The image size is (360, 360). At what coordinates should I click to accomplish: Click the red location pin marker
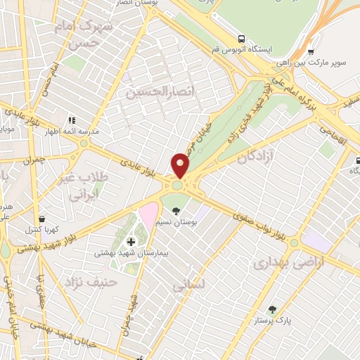181,165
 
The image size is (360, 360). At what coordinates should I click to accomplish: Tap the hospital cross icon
131,242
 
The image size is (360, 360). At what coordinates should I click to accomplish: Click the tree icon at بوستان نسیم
176,212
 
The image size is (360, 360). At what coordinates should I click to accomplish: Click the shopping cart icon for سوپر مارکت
311,51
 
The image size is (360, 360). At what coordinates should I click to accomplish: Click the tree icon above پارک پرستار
272,309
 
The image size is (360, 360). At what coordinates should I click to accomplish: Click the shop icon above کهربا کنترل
44,219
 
